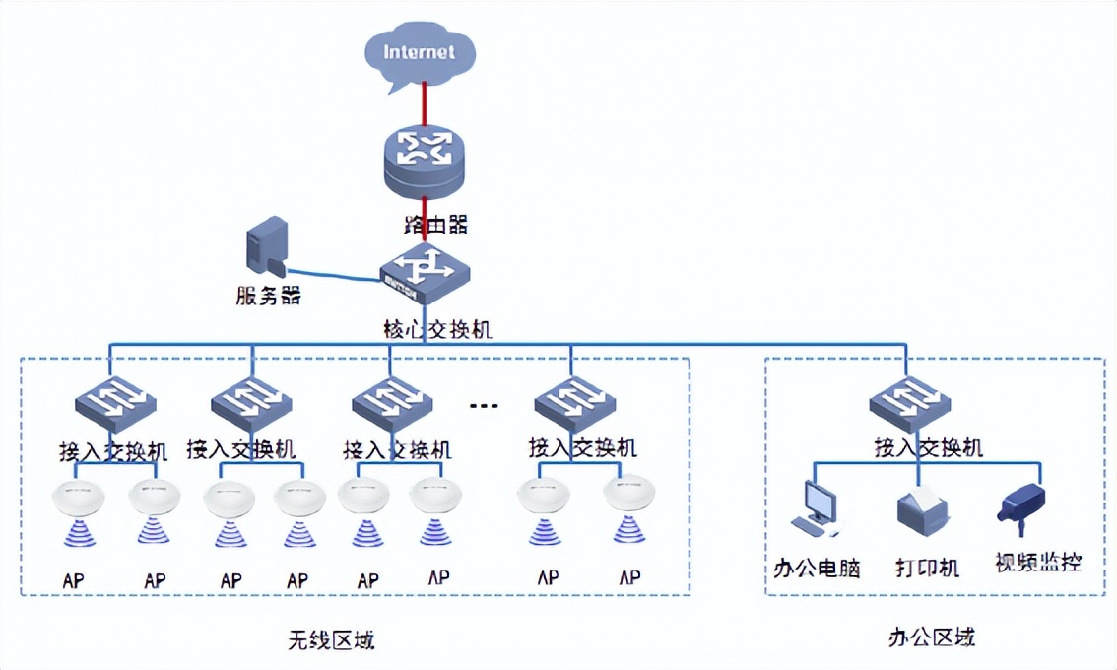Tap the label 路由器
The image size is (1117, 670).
(435, 224)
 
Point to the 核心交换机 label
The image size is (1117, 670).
(437, 329)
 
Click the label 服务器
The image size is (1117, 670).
(268, 296)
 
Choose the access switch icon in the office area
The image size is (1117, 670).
(909, 403)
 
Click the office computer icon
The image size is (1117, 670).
(818, 508)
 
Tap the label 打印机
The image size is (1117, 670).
(927, 568)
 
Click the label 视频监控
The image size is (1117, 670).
(1037, 564)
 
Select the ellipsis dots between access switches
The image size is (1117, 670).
(484, 405)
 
